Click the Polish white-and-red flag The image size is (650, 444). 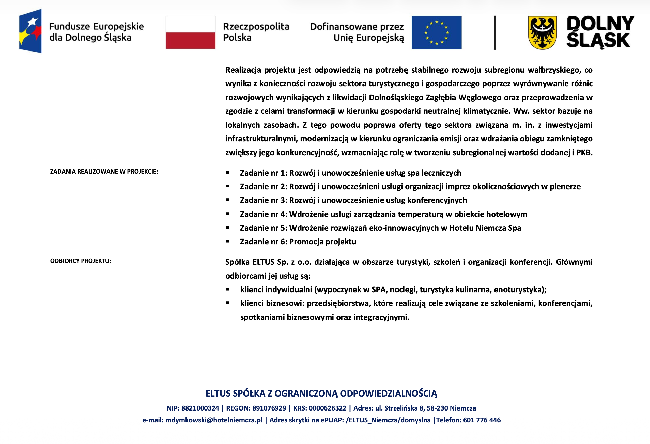point(191,32)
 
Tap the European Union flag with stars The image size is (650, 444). point(436,33)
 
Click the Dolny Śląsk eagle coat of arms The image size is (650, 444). point(542,33)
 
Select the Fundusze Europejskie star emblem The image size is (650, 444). point(30,31)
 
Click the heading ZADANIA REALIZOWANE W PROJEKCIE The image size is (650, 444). point(104,172)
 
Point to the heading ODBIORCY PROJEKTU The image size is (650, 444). point(81,261)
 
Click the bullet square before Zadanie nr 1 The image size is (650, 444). point(227,173)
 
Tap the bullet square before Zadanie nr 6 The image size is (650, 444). point(227,242)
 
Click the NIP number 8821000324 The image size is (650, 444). point(200,408)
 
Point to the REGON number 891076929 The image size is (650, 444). point(269,408)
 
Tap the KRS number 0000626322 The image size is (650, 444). point(328,408)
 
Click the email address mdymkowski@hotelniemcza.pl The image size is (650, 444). point(214,420)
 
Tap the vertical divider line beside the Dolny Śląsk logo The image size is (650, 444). point(495,33)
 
